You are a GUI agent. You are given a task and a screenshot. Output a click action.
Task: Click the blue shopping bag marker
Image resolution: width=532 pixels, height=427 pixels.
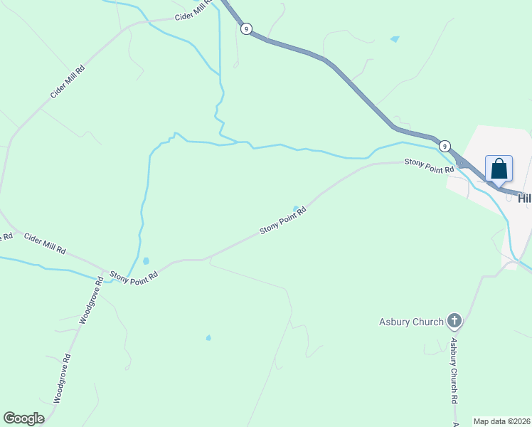click(x=499, y=169)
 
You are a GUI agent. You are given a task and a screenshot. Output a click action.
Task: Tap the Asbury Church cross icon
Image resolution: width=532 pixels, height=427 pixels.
click(x=454, y=322)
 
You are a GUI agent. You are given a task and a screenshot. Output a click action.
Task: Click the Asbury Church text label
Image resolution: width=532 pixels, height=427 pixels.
click(x=411, y=322)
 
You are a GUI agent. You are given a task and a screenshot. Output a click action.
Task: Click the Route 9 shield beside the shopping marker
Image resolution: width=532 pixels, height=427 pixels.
click(x=444, y=145)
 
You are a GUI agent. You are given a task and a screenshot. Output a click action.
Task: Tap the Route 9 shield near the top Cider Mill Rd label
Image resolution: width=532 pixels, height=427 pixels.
click(x=245, y=28)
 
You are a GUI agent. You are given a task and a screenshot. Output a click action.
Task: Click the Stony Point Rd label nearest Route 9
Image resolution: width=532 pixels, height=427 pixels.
click(x=429, y=166)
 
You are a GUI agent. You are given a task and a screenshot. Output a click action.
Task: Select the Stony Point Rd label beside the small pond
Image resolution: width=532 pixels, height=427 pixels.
click(x=282, y=221)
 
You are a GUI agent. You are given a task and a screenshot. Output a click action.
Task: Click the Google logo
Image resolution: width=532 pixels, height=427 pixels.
click(x=23, y=418)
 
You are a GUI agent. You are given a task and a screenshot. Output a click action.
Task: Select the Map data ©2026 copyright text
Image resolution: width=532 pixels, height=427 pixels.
click(x=502, y=421)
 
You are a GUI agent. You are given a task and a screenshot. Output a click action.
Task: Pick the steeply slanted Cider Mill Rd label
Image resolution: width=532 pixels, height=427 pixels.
click(x=68, y=82)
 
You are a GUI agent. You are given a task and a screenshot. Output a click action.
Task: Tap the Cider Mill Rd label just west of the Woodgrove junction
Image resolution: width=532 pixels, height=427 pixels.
click(x=44, y=244)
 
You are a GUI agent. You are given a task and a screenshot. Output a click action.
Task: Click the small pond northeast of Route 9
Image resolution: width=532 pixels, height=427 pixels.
click(x=394, y=39)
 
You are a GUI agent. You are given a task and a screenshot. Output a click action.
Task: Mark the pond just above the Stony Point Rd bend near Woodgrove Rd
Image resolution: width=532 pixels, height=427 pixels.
click(x=146, y=261)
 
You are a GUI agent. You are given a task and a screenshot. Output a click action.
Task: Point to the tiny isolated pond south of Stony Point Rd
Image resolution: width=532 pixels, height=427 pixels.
click(x=208, y=337)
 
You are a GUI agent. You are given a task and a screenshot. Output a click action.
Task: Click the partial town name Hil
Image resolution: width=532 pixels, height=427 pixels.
click(x=524, y=199)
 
